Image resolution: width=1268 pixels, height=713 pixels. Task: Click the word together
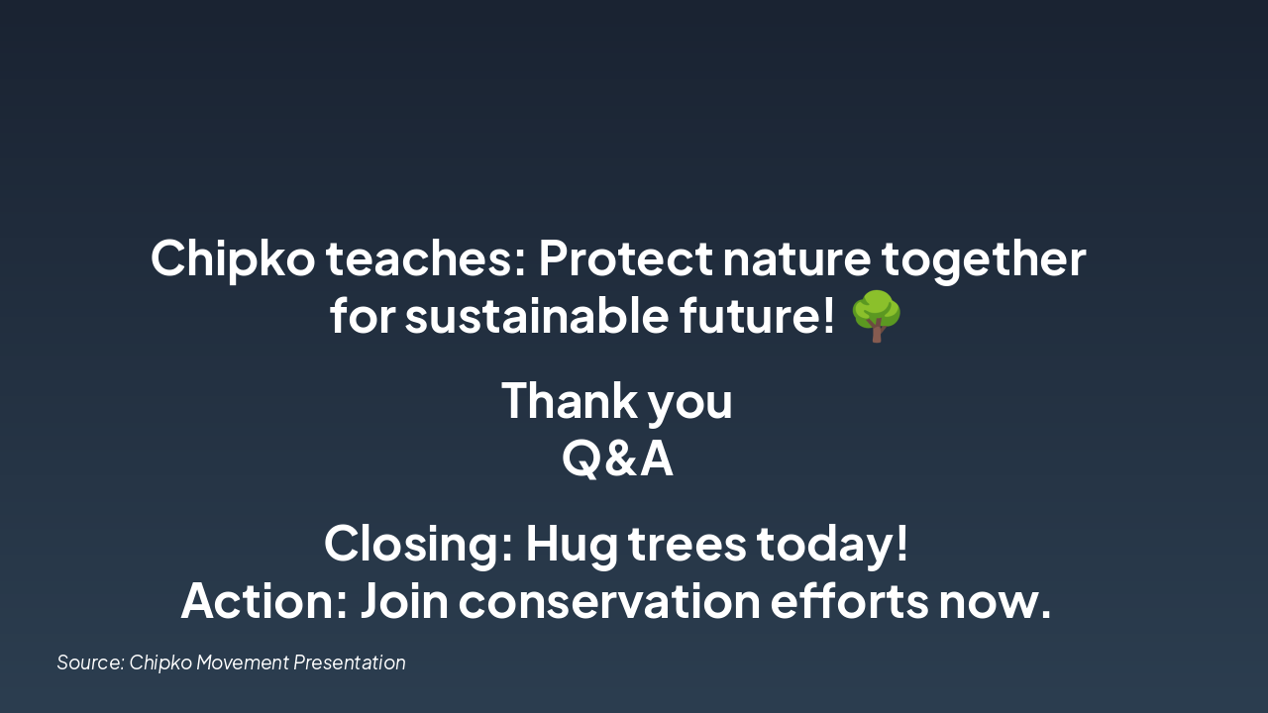coord(984,259)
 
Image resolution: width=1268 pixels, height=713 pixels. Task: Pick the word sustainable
coord(536,317)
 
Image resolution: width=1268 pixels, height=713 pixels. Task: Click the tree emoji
coord(877,317)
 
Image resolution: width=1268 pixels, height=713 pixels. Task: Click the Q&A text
coord(617,459)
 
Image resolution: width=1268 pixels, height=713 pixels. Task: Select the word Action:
coord(264,602)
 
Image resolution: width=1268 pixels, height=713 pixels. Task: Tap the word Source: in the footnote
coord(90,662)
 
